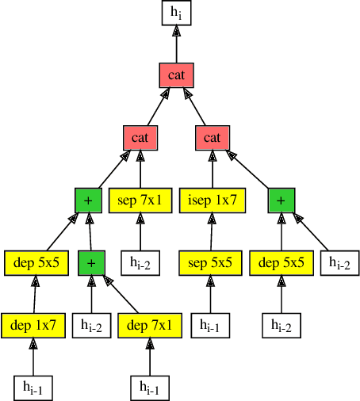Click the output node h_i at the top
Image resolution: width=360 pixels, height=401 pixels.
pyautogui.click(x=176, y=12)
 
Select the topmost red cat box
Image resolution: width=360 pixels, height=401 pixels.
pyautogui.click(x=176, y=74)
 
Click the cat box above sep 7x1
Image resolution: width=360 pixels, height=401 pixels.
pyautogui.click(x=140, y=137)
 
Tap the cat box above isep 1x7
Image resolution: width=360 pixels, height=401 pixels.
pyautogui.click(x=212, y=137)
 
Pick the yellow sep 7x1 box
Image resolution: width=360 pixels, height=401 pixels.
pyautogui.click(x=140, y=200)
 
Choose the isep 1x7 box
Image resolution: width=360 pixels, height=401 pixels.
pyautogui.click(x=213, y=200)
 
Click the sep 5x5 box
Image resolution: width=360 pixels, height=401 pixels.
pyautogui.click(x=210, y=262)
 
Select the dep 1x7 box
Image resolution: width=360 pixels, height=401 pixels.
pyautogui.click(x=33, y=325)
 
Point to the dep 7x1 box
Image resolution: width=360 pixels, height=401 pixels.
pyautogui.click(x=149, y=325)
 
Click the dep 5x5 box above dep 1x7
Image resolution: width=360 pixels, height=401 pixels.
pyautogui.click(x=36, y=262)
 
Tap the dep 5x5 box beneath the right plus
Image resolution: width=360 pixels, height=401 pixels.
pyautogui.click(x=281, y=262)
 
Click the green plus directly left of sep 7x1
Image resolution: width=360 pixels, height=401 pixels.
pyautogui.click(x=87, y=200)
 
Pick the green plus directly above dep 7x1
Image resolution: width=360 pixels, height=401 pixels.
pyautogui.click(x=91, y=262)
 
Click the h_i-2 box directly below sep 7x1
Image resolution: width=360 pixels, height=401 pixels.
pyautogui.click(x=140, y=262)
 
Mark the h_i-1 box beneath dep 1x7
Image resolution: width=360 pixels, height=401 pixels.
pyautogui.click(x=33, y=388)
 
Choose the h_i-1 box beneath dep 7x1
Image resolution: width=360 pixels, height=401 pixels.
pyautogui.click(x=149, y=388)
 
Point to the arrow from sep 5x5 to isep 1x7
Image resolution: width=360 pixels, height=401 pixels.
pyautogui.click(x=211, y=231)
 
